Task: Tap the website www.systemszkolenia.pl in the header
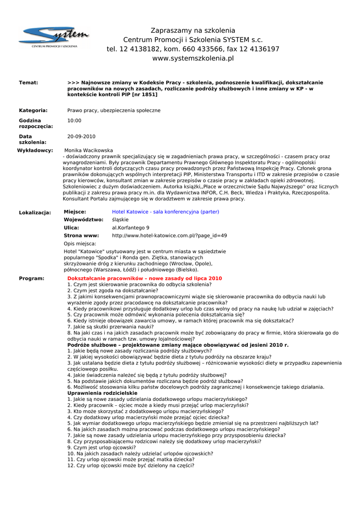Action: pyautogui.click(x=193, y=59)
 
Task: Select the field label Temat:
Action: pyautogui.click(x=28, y=82)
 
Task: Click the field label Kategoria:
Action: pyautogui.click(x=33, y=110)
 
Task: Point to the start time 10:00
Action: pyautogui.click(x=74, y=121)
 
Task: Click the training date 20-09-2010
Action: pyautogui.click(x=81, y=136)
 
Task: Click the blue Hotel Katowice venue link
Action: pyautogui.click(x=165, y=212)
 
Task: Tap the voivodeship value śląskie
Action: pyautogui.click(x=120, y=220)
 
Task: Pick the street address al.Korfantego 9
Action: pyautogui.click(x=131, y=228)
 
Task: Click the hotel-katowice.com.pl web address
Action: pyautogui.click(x=169, y=236)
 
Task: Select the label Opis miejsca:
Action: pyautogui.click(x=80, y=244)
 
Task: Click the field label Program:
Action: pyautogui.click(x=31, y=279)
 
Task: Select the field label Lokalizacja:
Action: pyautogui.click(x=35, y=213)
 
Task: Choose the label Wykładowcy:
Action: pyautogui.click(x=35, y=150)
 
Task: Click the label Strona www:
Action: pyautogui.click(x=81, y=236)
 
